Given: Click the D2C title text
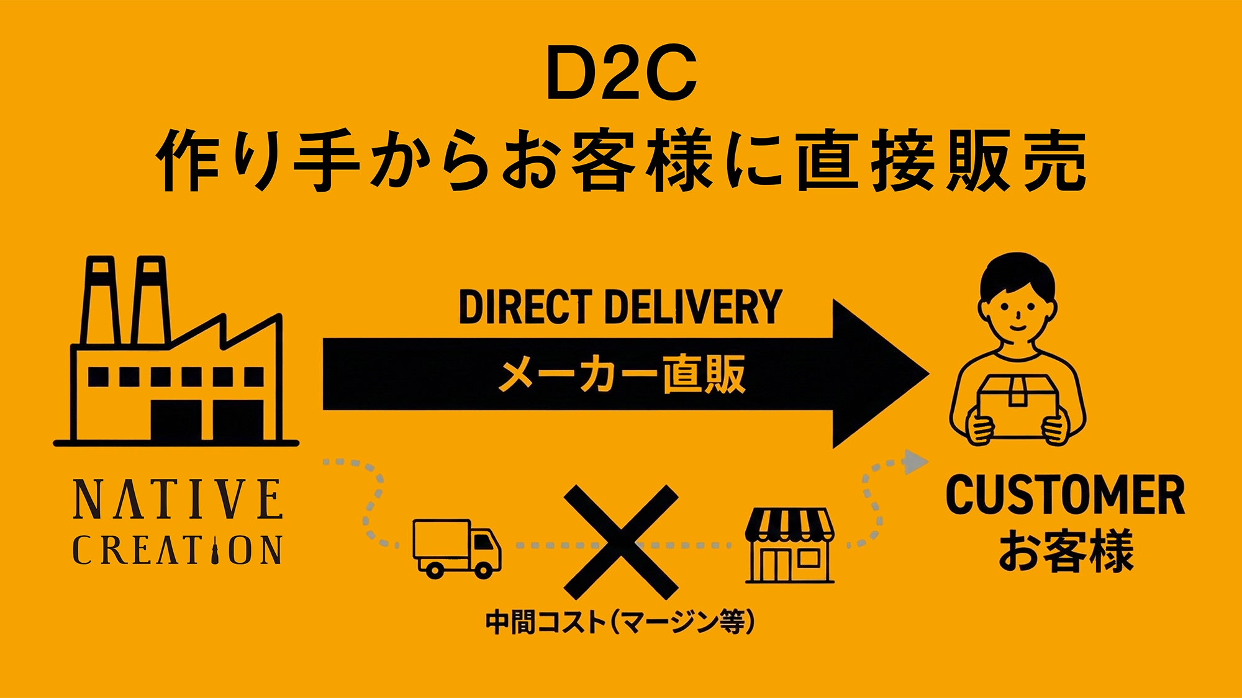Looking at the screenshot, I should pos(621,73).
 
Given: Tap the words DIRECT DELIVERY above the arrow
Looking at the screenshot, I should pos(620,306).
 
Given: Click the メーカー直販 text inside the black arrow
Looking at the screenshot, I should pos(622,374).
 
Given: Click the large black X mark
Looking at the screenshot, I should pos(620,542).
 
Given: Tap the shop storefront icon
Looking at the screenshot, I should pos(789,546).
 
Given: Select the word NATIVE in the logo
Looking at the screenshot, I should pos(178,499).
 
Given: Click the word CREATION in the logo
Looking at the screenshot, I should pos(178,550).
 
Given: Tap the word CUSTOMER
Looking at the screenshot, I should pos(1065,495).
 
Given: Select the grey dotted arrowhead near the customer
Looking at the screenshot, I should pos(914,462).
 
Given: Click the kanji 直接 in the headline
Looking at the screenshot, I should pos(869,161).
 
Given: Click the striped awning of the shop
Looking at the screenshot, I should pos(789,524).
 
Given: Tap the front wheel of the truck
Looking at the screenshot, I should pos(482,568).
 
